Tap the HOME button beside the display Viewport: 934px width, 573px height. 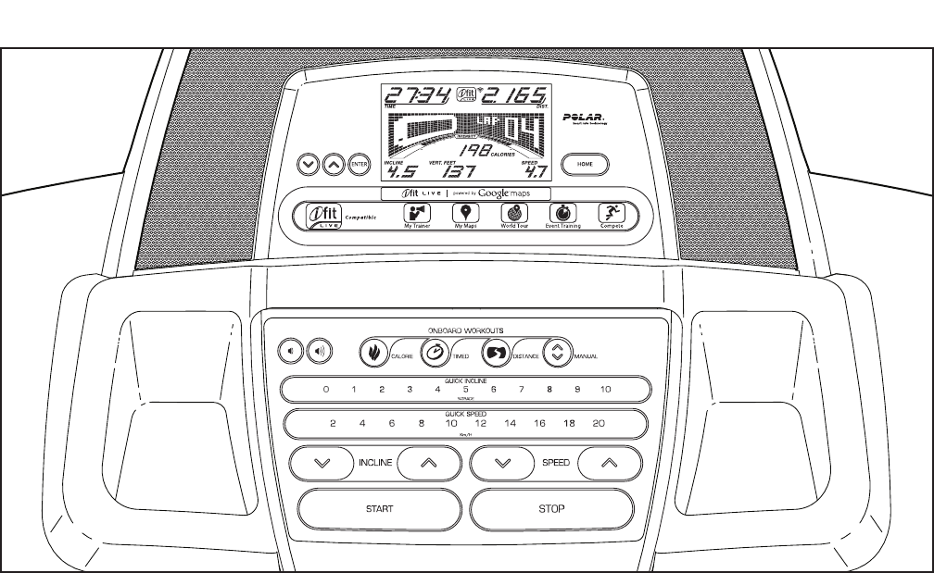[x=585, y=163]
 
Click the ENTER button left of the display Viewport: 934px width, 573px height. [x=359, y=164]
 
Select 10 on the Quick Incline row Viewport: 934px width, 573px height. [x=605, y=390]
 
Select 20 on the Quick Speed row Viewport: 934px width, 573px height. [x=599, y=423]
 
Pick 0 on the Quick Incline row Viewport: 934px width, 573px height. [x=325, y=390]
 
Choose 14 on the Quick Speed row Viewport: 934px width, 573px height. [x=510, y=423]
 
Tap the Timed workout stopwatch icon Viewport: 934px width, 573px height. [x=434, y=352]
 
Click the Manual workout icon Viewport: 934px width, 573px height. [x=557, y=352]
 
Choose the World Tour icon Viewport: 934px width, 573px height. [x=514, y=212]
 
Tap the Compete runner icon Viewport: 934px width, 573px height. [x=610, y=212]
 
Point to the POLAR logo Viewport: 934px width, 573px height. [x=584, y=118]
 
